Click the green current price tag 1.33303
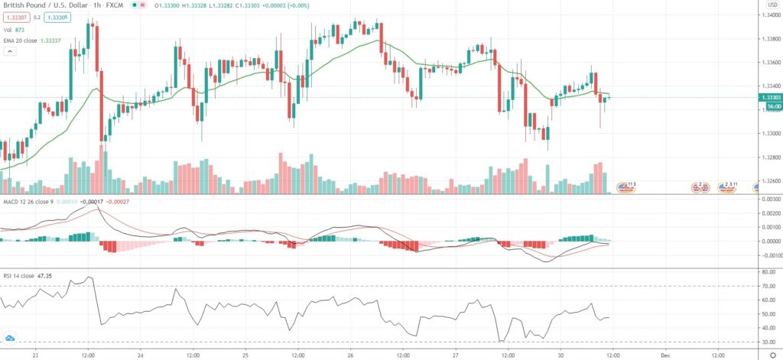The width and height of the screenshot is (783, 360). (x=769, y=98)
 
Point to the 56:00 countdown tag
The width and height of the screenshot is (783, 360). (x=769, y=106)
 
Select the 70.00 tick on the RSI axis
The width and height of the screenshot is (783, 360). (x=767, y=286)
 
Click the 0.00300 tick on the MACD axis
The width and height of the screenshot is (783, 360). (x=768, y=199)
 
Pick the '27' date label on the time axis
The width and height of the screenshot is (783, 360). (x=456, y=354)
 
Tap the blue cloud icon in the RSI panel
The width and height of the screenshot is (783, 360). (x=11, y=337)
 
